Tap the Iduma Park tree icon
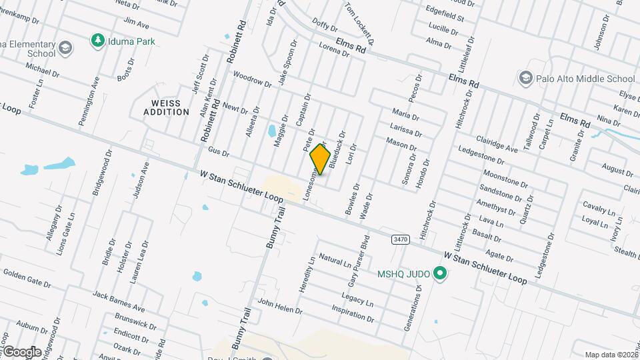coord(97,41)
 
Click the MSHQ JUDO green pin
coord(439,273)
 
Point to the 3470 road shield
coord(400,239)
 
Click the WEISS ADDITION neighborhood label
coord(166,107)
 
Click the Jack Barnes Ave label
coord(119,301)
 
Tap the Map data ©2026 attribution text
coord(611,355)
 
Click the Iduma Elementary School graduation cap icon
coord(65,47)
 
